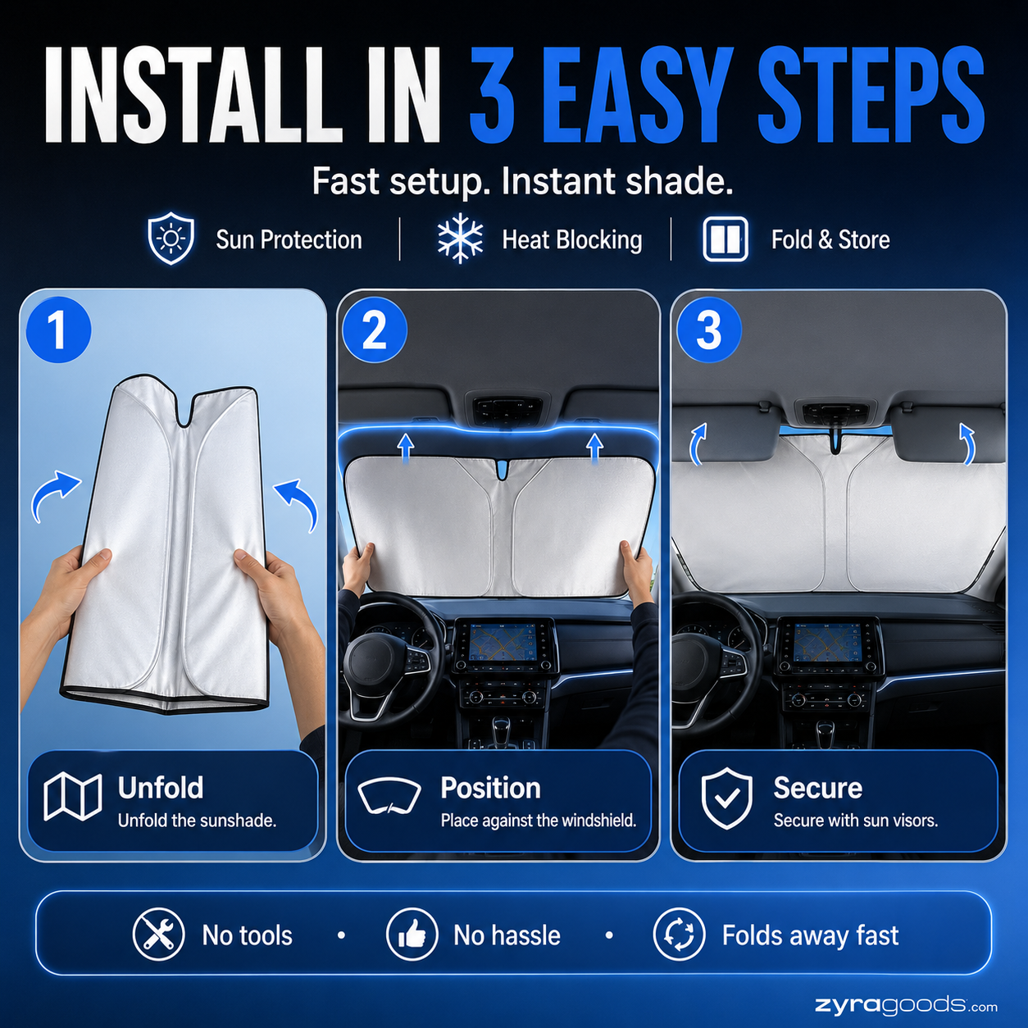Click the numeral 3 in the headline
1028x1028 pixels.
point(492,96)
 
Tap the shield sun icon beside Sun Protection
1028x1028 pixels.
point(171,238)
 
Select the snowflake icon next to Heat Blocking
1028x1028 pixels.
point(460,239)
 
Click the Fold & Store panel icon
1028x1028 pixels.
point(725,239)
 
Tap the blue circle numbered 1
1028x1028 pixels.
point(58,330)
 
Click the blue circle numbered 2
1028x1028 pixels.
point(375,330)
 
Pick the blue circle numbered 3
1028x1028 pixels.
point(709,330)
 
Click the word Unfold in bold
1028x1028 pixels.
point(161,788)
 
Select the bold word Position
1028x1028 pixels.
point(490,788)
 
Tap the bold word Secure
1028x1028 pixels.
point(818,788)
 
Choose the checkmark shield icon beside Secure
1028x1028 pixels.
point(726,798)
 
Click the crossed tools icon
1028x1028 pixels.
point(158,934)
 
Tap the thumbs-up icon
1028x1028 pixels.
point(412,934)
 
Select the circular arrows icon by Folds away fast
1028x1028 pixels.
point(679,934)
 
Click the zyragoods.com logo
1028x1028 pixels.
point(906,1006)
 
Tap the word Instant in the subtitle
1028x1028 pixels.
point(558,181)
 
